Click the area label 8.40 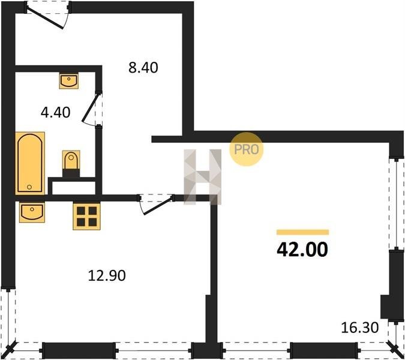pos(143,68)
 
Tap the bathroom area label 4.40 pos(56,113)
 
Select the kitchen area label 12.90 pos(107,275)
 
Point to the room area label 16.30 pos(360,328)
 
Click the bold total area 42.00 pos(302,250)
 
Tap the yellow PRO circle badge pos(246,149)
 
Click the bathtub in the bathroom pos(30,163)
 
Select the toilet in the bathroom pos(71,164)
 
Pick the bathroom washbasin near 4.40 pos(69,81)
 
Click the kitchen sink pos(32,212)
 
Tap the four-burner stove pos(86,217)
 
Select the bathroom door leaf pos(91,108)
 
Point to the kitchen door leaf pos(158,206)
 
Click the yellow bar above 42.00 pos(303,232)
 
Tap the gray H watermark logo pos(203,177)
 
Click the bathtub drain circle pos(29,187)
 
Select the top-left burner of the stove pos(81,211)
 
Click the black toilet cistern pos(71,173)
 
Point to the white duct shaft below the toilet pos(74,188)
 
